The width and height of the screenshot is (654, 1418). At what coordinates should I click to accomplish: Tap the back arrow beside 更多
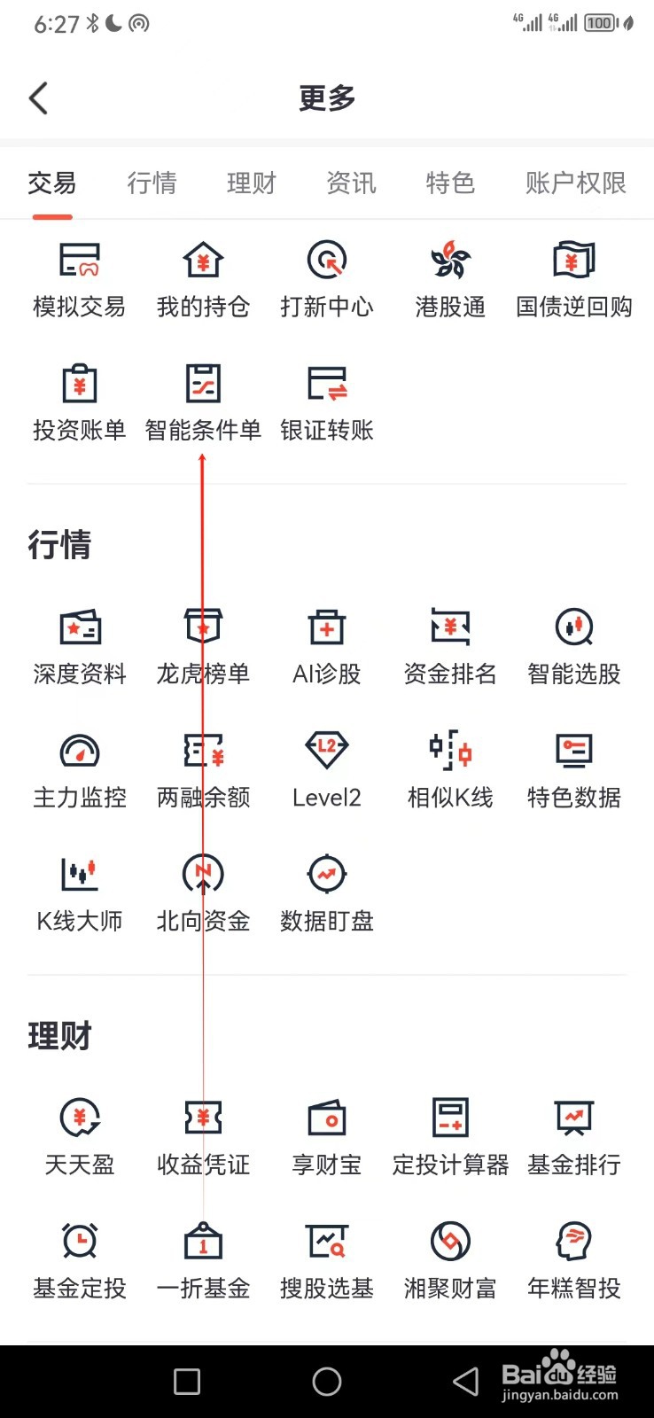[38, 98]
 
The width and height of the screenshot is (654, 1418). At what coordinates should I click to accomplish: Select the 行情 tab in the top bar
[152, 183]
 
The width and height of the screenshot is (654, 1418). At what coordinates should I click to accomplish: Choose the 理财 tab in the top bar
[252, 183]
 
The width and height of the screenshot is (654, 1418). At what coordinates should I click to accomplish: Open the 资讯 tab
[351, 183]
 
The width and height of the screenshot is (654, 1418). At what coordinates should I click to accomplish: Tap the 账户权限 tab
[575, 183]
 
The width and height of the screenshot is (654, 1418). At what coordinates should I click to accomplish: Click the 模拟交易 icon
[79, 261]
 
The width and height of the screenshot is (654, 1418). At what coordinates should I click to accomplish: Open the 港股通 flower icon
[450, 261]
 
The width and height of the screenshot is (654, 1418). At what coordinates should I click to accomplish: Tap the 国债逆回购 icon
[573, 261]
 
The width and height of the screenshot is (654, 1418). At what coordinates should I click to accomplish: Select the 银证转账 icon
[327, 384]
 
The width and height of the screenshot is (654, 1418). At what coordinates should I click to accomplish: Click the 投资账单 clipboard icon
[79, 384]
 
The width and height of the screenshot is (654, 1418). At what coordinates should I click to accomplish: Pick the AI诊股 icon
[327, 627]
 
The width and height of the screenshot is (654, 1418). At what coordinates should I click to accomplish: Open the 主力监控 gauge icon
[79, 751]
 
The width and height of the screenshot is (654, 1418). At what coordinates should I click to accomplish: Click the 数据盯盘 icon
[327, 874]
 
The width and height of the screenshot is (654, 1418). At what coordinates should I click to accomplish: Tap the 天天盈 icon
[79, 1118]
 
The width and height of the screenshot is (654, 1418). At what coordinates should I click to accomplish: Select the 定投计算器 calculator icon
[450, 1118]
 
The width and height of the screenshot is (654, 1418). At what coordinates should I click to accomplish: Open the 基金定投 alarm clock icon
[79, 1241]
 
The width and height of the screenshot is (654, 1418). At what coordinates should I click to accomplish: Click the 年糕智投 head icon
[573, 1241]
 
